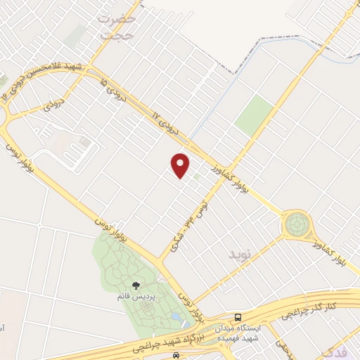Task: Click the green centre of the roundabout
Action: point(296,225)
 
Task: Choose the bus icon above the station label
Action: point(240,317)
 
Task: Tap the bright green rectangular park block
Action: point(254,115)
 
